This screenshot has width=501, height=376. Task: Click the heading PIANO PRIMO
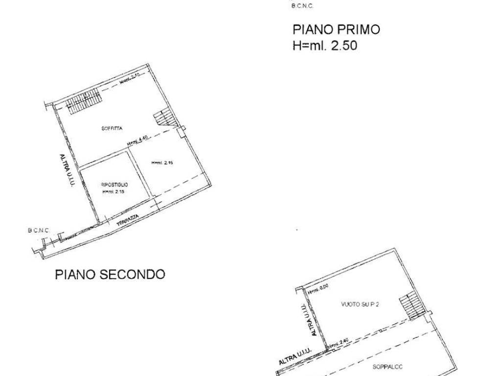[336, 29]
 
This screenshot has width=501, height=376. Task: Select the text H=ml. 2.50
[325, 46]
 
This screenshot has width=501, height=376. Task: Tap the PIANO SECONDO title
[110, 274]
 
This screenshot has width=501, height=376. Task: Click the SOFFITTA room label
[112, 129]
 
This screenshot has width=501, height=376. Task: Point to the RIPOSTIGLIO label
[114, 185]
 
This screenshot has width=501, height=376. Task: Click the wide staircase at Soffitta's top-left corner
[84, 101]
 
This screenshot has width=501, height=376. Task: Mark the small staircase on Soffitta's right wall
[163, 119]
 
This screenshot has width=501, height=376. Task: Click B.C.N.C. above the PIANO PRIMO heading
[302, 6]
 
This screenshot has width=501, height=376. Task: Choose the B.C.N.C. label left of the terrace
[39, 230]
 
